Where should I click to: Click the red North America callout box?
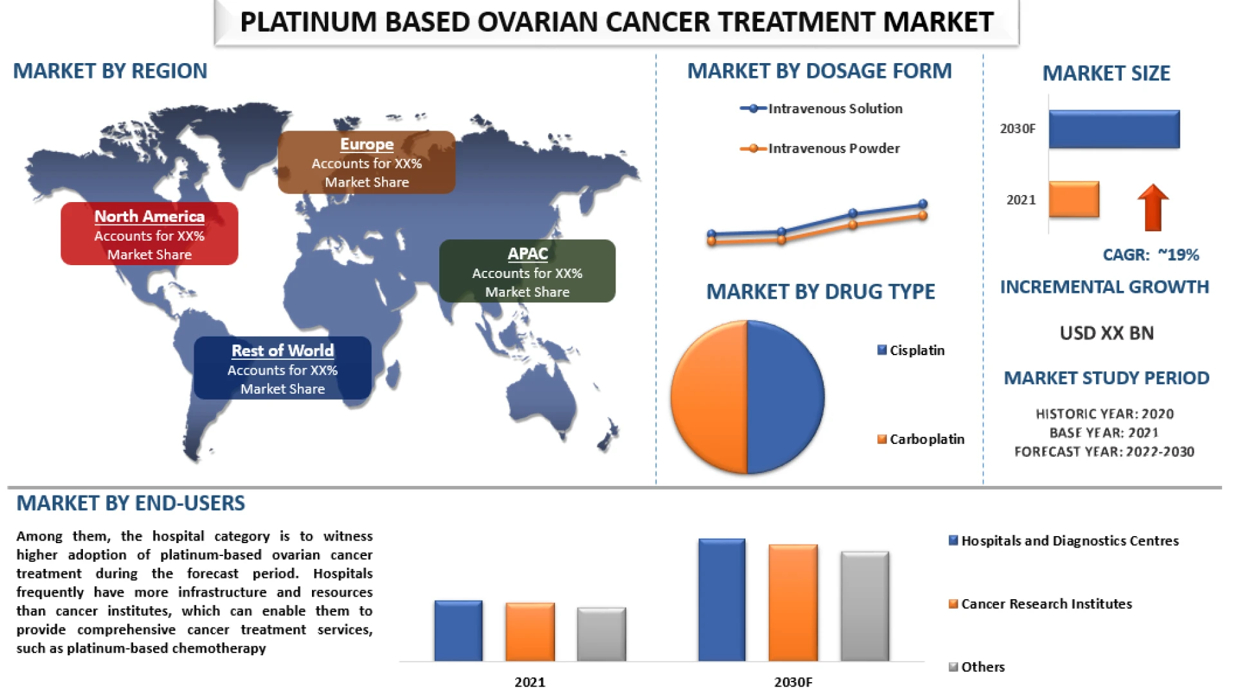tap(149, 234)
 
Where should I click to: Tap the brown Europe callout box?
tap(367, 162)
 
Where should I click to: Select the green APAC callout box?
tap(527, 271)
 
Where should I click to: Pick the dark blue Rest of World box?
tap(282, 368)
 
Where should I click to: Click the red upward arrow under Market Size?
tap(1153, 207)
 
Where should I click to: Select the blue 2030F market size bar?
tap(1114, 129)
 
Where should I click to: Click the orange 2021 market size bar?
tap(1074, 199)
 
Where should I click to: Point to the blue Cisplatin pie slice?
tap(785, 397)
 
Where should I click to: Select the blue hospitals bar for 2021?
tap(458, 631)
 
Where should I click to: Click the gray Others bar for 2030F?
tap(865, 606)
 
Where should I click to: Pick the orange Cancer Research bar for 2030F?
tap(793, 603)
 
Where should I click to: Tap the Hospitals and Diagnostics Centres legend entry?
tap(1064, 541)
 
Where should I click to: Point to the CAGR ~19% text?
tap(1151, 255)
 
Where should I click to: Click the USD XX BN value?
tap(1106, 333)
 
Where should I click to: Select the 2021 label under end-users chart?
tap(529, 682)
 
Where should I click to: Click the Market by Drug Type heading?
tap(820, 292)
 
